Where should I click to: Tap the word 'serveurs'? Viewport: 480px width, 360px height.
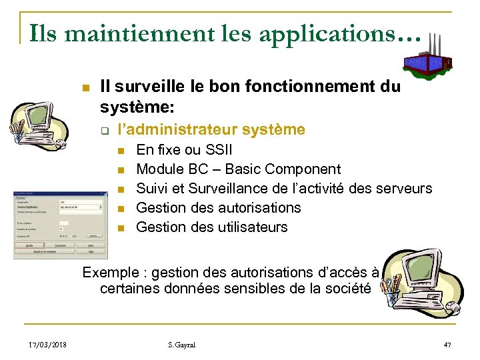coord(405,189)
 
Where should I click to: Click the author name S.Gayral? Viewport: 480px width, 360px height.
coord(183,344)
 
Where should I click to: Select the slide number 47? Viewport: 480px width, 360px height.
coord(447,344)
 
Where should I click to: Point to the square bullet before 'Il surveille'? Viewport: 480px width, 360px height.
coord(83,87)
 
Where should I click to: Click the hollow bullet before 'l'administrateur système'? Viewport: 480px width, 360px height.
coord(105,130)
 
